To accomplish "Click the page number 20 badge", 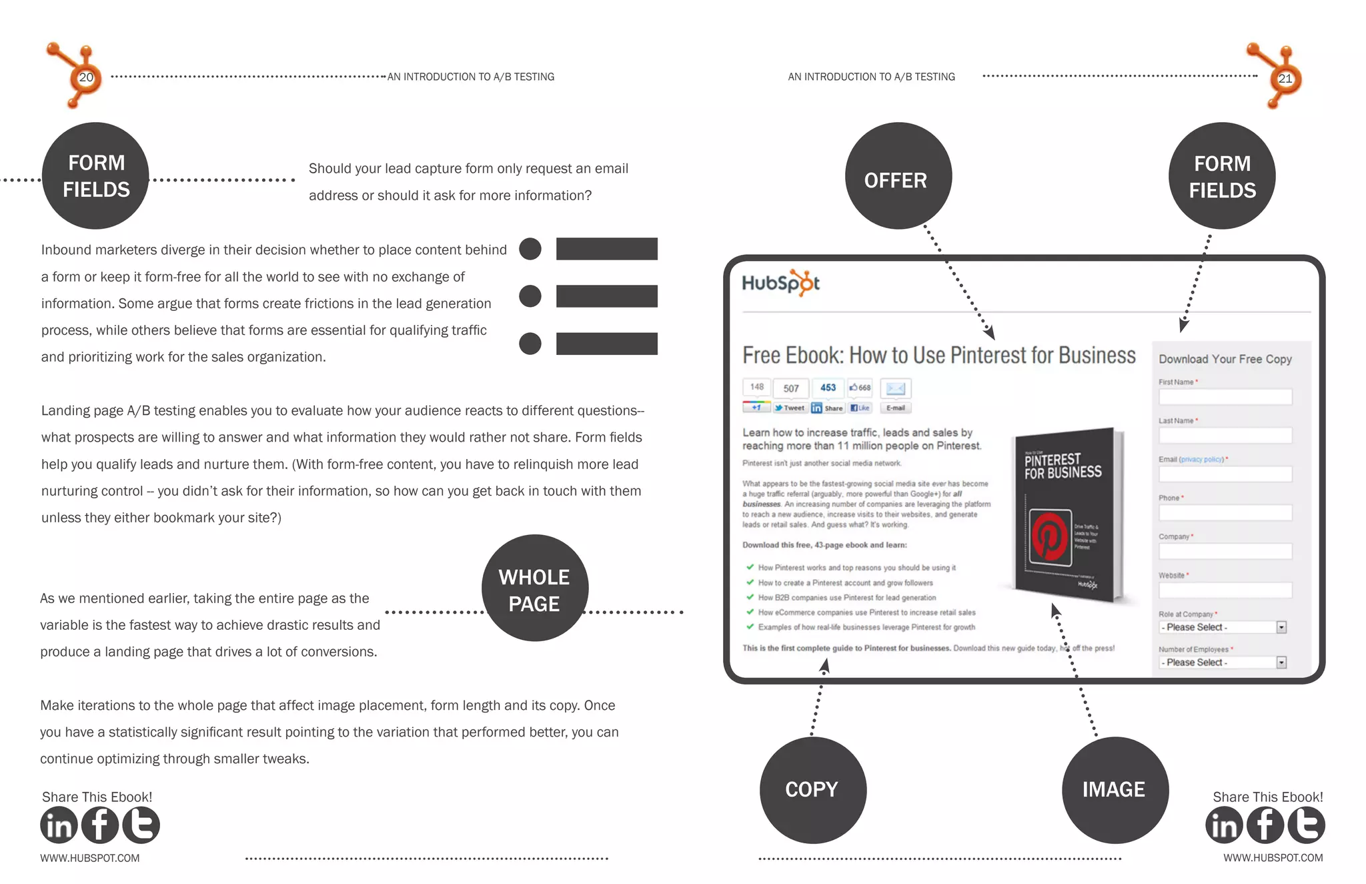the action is [86, 77].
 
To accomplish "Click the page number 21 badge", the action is [1285, 78].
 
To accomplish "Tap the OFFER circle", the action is [898, 176].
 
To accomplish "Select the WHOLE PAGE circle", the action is [534, 588].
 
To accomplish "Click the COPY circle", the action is [812, 790].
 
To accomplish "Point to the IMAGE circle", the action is [1115, 790].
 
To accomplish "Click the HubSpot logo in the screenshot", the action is [781, 283].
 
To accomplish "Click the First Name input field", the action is [1225, 397].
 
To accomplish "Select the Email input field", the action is [1225, 474].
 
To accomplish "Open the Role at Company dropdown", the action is [1222, 627].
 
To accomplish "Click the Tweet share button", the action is [790, 408].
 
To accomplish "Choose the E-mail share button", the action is [895, 408].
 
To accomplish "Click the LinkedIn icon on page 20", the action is [59, 825].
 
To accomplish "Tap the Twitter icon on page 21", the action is [1306, 825].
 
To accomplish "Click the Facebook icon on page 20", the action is [100, 825].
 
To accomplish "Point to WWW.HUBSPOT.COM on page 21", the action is [1273, 858].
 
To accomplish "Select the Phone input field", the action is [1225, 513].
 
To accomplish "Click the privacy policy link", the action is [1201, 459].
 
